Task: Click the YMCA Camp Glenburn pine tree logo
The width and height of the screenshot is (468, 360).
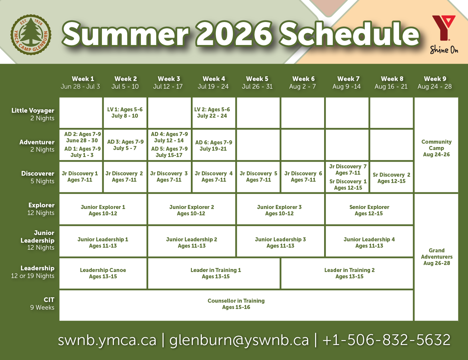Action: (x=31, y=35)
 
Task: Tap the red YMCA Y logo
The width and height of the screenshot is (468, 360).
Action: (x=444, y=28)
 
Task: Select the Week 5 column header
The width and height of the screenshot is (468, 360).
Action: (x=257, y=83)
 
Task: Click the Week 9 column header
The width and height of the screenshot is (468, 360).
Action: (x=435, y=83)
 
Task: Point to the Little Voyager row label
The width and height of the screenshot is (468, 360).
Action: (x=33, y=114)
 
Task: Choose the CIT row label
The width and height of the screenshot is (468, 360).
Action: (x=42, y=303)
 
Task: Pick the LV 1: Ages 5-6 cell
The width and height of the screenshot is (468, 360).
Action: (x=125, y=113)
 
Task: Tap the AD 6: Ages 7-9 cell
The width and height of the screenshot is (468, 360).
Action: (x=214, y=145)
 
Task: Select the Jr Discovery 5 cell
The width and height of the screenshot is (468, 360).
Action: (x=258, y=177)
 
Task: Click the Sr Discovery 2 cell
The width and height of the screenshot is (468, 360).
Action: (x=391, y=178)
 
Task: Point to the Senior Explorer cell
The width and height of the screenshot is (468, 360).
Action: (x=369, y=210)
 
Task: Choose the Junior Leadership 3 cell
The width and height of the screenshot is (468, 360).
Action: (x=280, y=242)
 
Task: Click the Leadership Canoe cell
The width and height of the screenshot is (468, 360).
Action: (x=103, y=273)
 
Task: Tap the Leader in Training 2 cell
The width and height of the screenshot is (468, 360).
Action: (x=349, y=273)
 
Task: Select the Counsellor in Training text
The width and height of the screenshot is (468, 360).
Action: (x=236, y=304)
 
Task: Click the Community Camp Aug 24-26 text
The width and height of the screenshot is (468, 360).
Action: (x=436, y=148)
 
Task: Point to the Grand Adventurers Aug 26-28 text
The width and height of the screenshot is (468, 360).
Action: (x=437, y=257)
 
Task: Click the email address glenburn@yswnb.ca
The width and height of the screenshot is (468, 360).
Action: (x=239, y=340)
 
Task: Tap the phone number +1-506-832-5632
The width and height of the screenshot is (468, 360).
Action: (x=386, y=340)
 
